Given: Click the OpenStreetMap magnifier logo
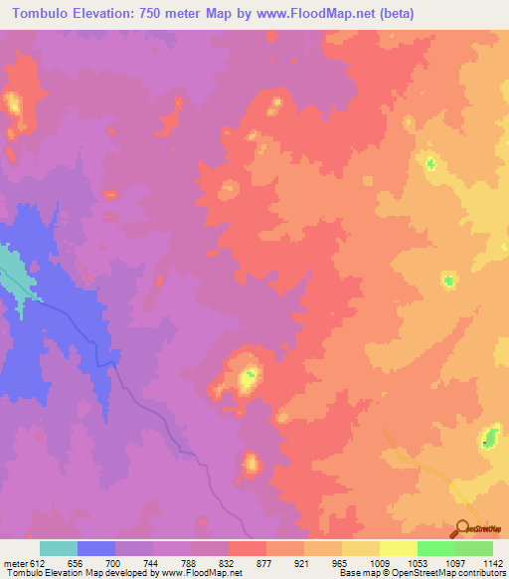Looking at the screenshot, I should (x=464, y=527).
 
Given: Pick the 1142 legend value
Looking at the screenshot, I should (x=492, y=562).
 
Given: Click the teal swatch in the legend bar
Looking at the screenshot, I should (x=59, y=548).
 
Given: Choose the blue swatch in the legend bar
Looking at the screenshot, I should (x=96, y=548).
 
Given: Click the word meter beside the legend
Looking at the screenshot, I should (x=16, y=562).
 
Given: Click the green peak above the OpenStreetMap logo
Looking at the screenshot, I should (x=489, y=435).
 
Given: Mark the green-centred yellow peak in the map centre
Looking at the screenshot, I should (x=248, y=376).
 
